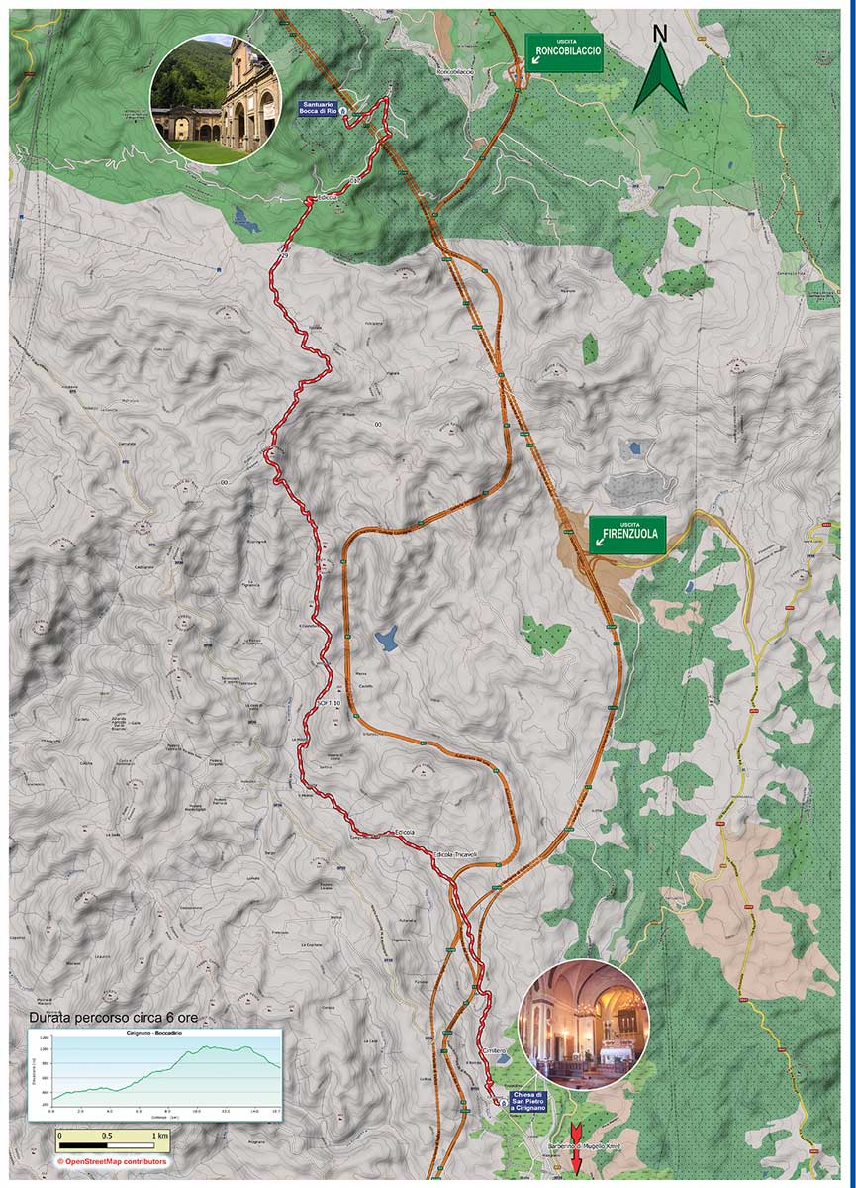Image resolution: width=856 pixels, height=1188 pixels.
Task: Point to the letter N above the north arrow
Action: coord(660,33)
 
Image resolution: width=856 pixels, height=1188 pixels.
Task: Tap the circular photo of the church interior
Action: coord(584,1025)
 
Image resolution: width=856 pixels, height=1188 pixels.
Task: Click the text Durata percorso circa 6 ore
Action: coord(119,1018)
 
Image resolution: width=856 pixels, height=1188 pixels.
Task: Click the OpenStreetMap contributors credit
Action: coord(111,1161)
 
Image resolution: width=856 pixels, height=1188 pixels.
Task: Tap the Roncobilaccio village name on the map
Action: coord(455,72)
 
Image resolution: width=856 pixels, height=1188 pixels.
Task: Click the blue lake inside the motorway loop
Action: coord(386,640)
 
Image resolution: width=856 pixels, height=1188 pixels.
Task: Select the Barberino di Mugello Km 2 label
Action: coord(583,1147)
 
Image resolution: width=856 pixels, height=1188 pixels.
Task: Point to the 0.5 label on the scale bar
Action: coord(107,1136)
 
